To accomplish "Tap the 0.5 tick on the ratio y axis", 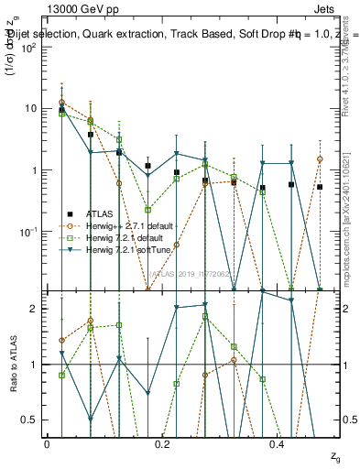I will pos(32,420).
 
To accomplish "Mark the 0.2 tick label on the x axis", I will pos(161,443).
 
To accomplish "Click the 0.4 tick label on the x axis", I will pos(278,443).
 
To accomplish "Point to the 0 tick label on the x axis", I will pos(46,443).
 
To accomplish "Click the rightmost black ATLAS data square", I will pos(320,187).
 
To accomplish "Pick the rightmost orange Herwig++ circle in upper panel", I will pos(320,159).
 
